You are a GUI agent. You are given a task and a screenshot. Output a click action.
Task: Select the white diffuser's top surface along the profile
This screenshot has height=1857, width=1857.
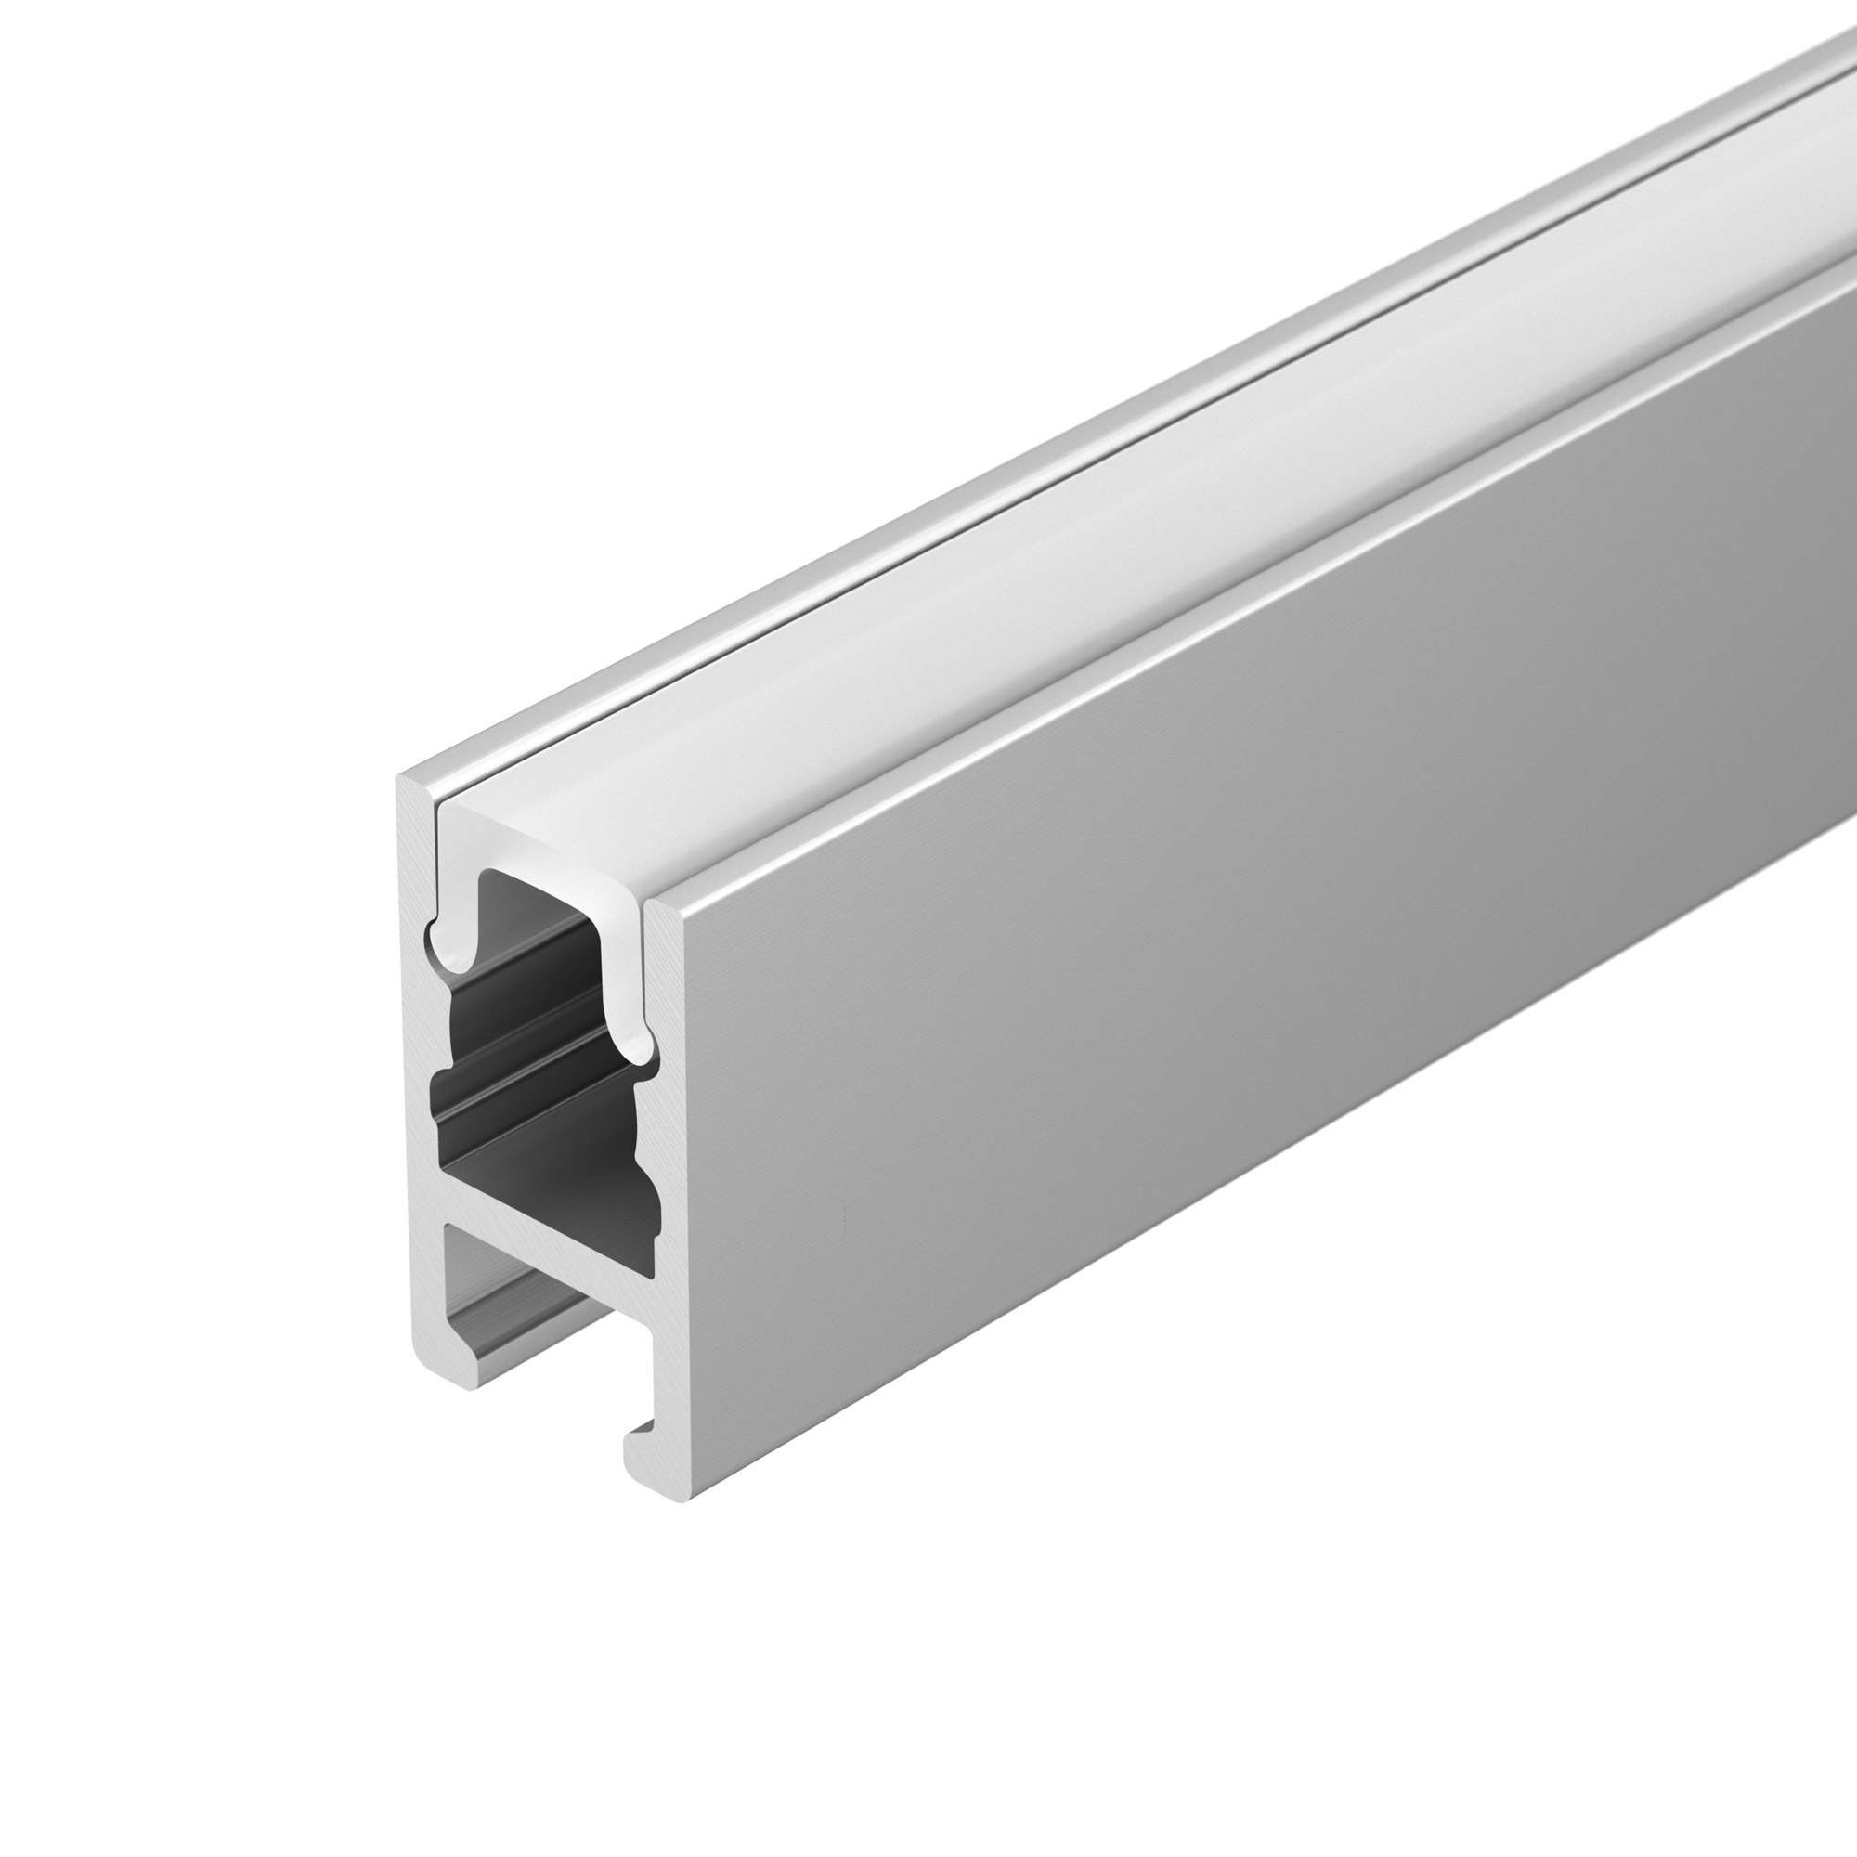(1058, 539)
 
